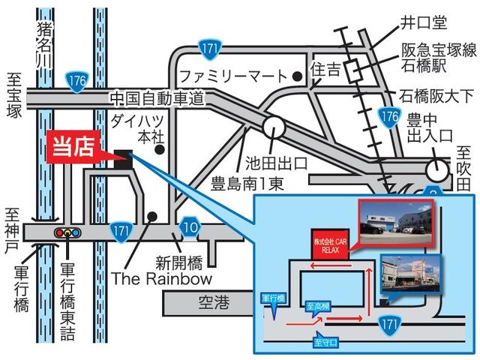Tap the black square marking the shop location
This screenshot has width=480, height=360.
(123, 157)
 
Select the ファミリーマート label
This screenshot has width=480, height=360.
(233, 76)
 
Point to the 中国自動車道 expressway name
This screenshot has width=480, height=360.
(156, 97)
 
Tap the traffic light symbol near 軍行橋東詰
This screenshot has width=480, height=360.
(67, 233)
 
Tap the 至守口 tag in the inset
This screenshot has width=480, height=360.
(326, 342)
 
